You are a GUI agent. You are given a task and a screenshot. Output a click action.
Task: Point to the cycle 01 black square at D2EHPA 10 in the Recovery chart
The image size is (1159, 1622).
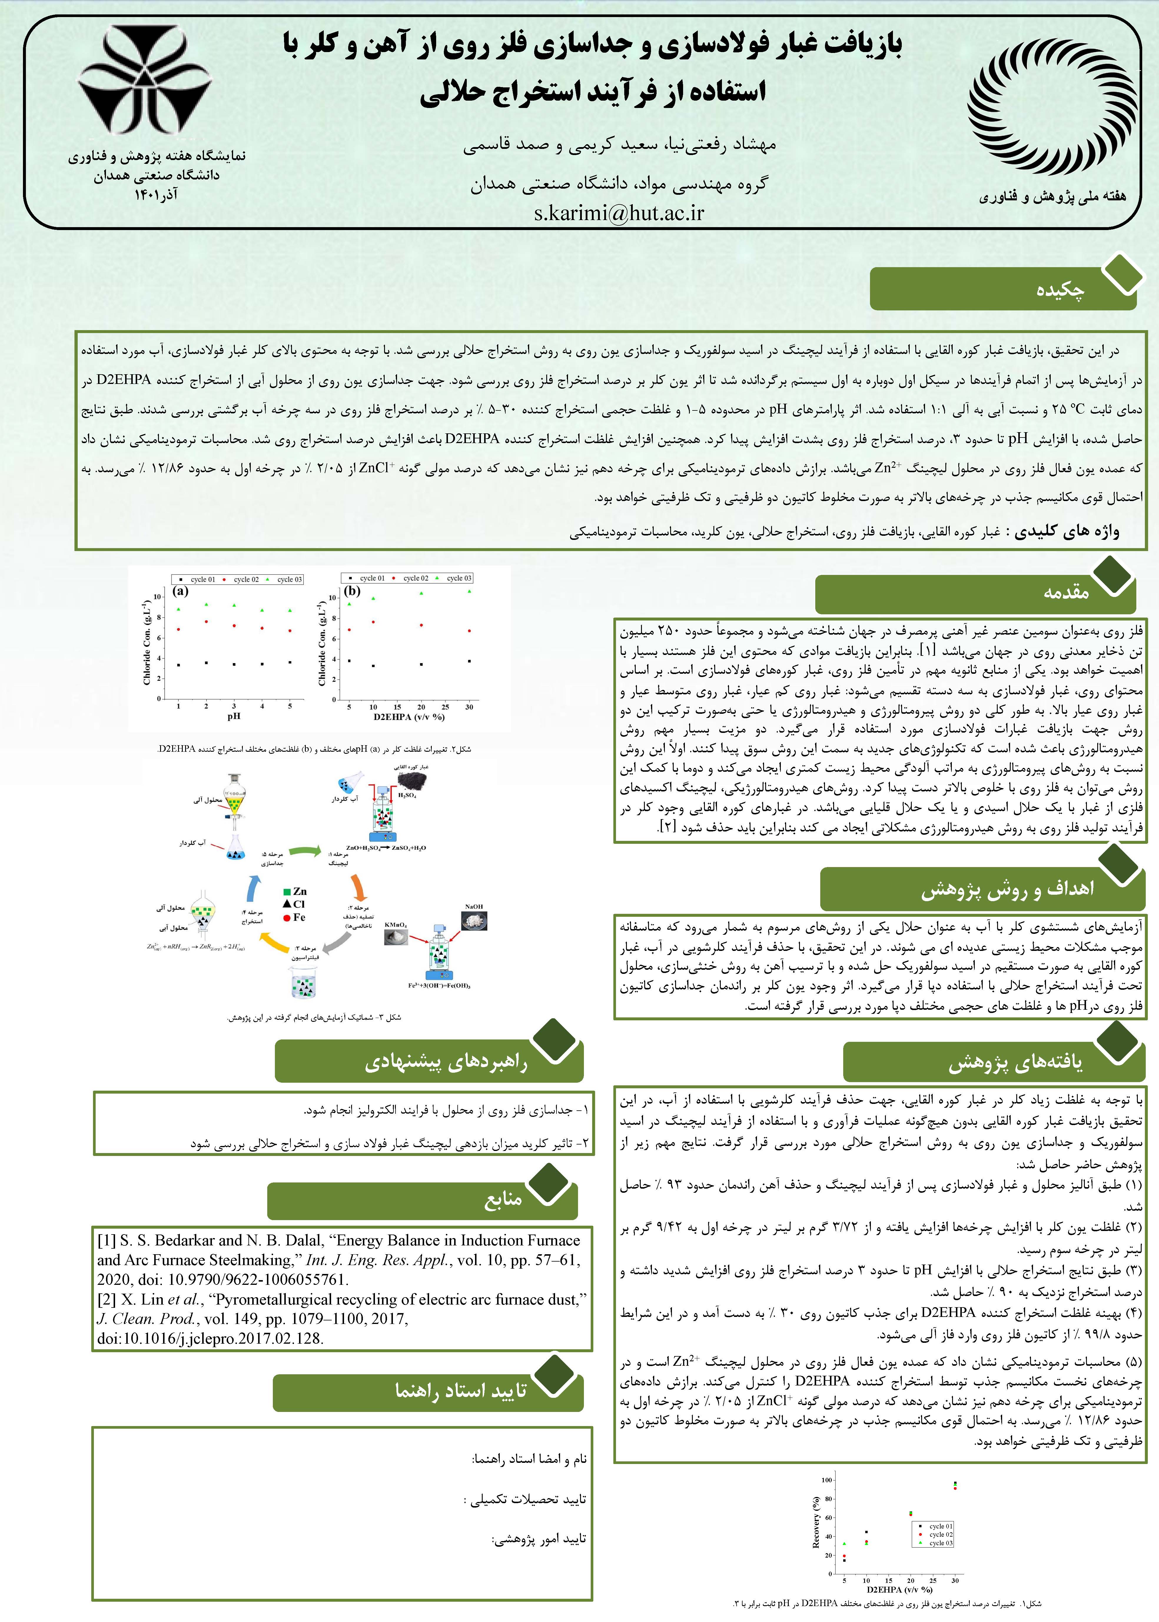(x=866, y=1531)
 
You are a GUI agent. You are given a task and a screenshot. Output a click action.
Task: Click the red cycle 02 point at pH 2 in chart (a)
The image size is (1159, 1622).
(x=206, y=621)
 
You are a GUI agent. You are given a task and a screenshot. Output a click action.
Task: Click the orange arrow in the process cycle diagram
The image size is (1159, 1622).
(x=359, y=889)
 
